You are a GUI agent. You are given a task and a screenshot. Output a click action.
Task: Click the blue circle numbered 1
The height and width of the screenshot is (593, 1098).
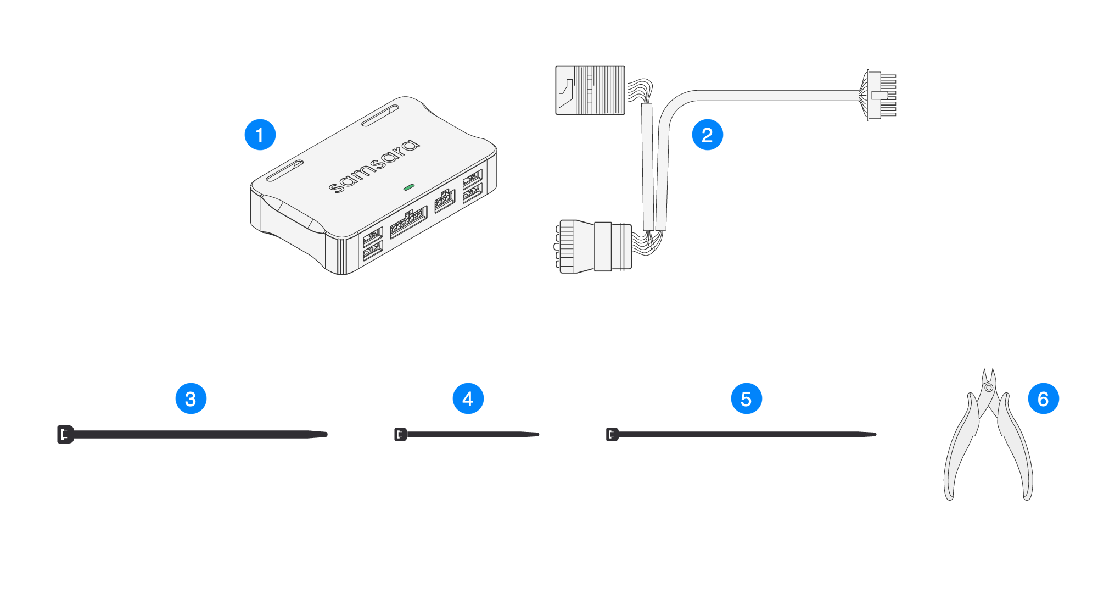[x=260, y=135]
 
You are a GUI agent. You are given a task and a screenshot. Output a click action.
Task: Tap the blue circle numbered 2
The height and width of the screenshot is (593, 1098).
[x=707, y=135]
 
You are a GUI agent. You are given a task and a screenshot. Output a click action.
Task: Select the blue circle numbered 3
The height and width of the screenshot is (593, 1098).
[x=191, y=399]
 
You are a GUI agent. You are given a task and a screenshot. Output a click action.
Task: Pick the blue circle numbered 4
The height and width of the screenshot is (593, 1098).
[x=468, y=399]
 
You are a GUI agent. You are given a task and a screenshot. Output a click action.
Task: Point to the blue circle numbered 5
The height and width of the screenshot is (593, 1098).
[x=746, y=399]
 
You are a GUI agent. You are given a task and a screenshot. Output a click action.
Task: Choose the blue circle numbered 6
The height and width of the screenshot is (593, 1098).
[x=1043, y=399]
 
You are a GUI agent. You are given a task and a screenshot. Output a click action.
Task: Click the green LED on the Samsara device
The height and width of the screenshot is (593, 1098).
[x=408, y=187]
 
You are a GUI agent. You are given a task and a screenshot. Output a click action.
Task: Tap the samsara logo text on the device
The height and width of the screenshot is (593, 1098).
[x=374, y=166]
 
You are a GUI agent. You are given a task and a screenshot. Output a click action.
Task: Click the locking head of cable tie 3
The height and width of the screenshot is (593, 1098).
[x=65, y=434]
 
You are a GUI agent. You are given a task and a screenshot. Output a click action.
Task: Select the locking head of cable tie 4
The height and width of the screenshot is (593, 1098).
[x=400, y=434]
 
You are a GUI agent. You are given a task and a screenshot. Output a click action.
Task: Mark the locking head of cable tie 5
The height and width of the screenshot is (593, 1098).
[x=612, y=434]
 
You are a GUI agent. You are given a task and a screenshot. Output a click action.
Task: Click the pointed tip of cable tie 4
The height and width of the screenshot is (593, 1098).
[x=537, y=434]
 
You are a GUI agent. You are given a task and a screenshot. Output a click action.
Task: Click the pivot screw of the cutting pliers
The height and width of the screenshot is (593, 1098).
[x=989, y=387]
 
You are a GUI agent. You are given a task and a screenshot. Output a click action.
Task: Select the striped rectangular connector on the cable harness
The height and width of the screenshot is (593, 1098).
[x=590, y=90]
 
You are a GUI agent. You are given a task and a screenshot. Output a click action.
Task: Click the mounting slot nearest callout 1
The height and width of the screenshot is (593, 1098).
[x=284, y=170]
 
